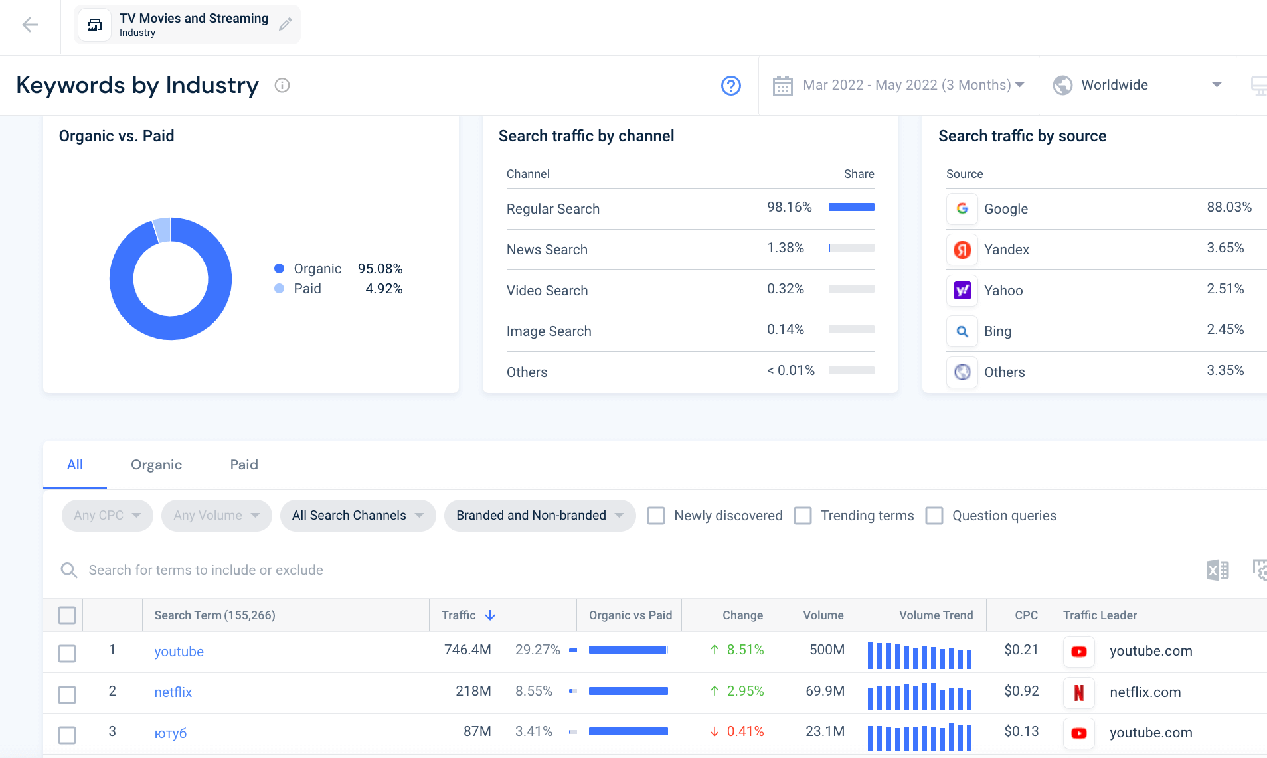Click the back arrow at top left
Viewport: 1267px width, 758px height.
click(x=30, y=25)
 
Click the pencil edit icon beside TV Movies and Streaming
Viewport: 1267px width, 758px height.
click(x=286, y=25)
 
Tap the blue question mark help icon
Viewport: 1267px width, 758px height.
click(x=731, y=86)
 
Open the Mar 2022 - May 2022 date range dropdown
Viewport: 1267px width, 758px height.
click(x=898, y=85)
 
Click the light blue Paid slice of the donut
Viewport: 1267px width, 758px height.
click(x=162, y=230)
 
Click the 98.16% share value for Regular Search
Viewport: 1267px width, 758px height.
click(x=790, y=207)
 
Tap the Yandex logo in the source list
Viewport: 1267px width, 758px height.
click(x=962, y=250)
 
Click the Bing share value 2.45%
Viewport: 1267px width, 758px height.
click(x=1225, y=329)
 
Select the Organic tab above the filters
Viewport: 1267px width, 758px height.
click(x=156, y=465)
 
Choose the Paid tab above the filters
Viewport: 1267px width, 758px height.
click(x=244, y=465)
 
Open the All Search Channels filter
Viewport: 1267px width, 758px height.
click(x=358, y=516)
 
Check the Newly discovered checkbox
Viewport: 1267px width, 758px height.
click(x=656, y=516)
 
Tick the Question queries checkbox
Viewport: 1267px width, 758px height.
click(x=934, y=516)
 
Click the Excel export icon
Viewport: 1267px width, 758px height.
click(x=1217, y=570)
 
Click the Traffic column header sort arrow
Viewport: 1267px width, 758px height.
click(x=490, y=615)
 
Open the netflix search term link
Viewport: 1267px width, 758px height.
click(x=173, y=692)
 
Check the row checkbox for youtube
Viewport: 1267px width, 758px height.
click(x=67, y=654)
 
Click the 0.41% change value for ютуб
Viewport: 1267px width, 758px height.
click(x=745, y=731)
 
